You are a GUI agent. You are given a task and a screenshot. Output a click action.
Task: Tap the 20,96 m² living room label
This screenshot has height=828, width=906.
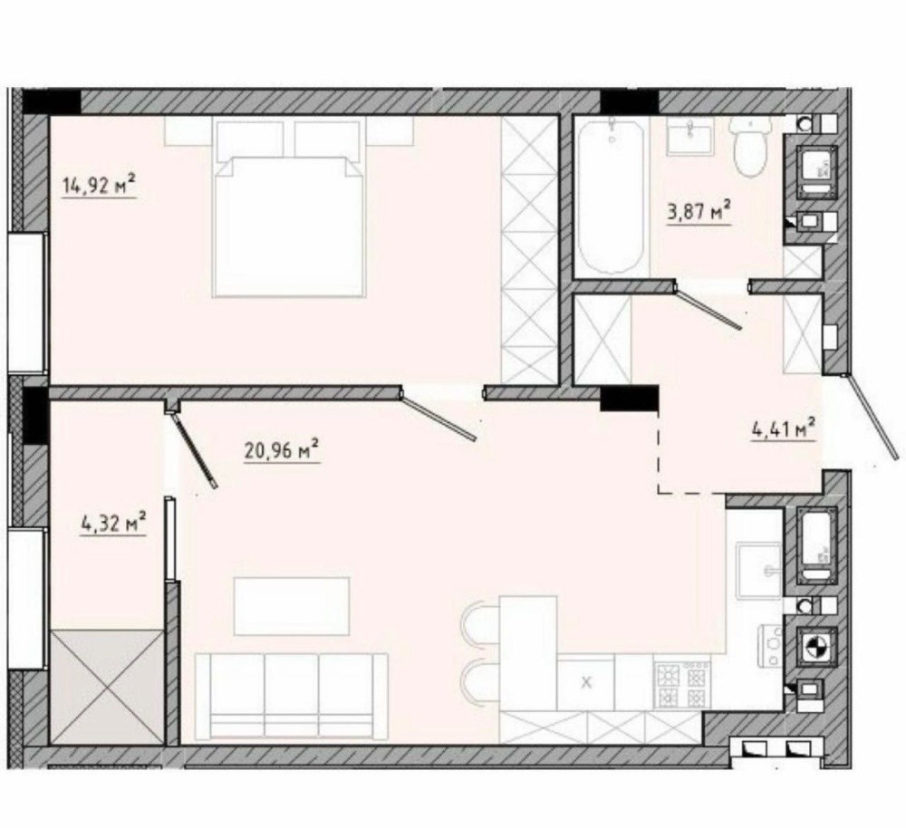click(x=282, y=450)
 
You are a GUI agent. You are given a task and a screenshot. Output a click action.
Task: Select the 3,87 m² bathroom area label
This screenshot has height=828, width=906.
click(x=699, y=211)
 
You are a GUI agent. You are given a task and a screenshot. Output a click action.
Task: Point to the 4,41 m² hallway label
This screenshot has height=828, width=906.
click(x=784, y=429)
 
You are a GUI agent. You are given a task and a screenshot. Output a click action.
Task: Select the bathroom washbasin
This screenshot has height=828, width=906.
click(x=689, y=135)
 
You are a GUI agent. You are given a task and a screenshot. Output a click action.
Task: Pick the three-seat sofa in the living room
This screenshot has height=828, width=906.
click(x=292, y=697)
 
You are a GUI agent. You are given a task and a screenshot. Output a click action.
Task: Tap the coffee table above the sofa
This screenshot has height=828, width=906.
click(x=292, y=605)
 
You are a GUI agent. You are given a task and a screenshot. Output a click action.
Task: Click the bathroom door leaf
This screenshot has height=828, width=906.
click(x=708, y=306)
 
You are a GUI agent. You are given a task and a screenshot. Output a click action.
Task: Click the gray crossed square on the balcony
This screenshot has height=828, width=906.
click(x=107, y=687)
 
